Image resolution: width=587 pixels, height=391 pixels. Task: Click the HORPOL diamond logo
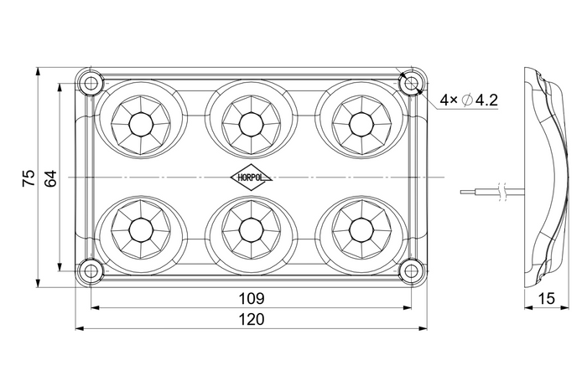coord(252,177)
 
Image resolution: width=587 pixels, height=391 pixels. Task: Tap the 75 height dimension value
coord(29,178)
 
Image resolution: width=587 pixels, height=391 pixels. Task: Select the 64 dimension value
coord(50,178)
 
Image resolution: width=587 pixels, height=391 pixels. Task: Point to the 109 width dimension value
coord(252,298)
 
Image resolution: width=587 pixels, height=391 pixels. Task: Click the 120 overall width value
coord(252,319)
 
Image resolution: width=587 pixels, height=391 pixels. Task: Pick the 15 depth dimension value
coord(547,298)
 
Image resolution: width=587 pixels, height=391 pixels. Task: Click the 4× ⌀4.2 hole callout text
coord(469,100)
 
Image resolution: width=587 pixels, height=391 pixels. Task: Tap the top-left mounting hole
coord(91,83)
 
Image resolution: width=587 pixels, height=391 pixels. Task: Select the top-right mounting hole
coord(411,83)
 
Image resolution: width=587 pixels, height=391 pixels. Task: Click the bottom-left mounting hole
coord(91,271)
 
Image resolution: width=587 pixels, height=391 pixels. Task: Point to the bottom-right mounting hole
coord(411,271)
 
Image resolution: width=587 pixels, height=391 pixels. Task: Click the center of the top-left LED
coord(141,124)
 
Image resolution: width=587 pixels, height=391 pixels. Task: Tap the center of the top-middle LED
coord(251,124)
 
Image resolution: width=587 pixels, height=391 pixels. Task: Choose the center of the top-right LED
coord(361,124)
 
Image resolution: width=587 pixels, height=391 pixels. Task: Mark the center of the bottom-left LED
coord(141,229)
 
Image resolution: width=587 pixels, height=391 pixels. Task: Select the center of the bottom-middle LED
coord(251,229)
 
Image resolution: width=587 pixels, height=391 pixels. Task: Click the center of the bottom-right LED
coord(361,229)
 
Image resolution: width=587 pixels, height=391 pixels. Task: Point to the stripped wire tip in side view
coord(465,192)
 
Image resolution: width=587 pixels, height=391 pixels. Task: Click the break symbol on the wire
coord(503,192)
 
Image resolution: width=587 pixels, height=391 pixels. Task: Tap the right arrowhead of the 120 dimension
coord(423,328)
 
